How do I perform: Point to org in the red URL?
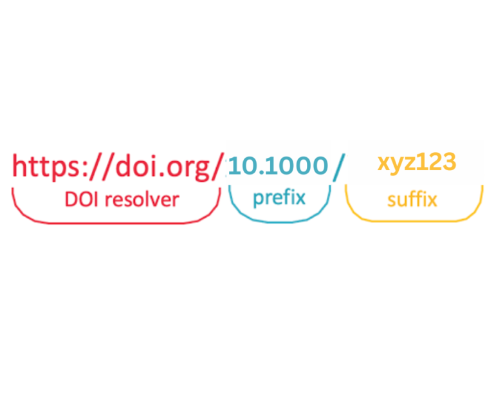pyautogui.click(x=187, y=169)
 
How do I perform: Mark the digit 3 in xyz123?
pyautogui.click(x=449, y=162)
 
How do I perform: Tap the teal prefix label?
pyautogui.click(x=279, y=197)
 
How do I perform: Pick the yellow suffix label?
pyautogui.click(x=412, y=200)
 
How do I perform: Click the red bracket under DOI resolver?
pyautogui.click(x=116, y=222)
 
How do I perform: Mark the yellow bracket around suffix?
pyautogui.click(x=414, y=220)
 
